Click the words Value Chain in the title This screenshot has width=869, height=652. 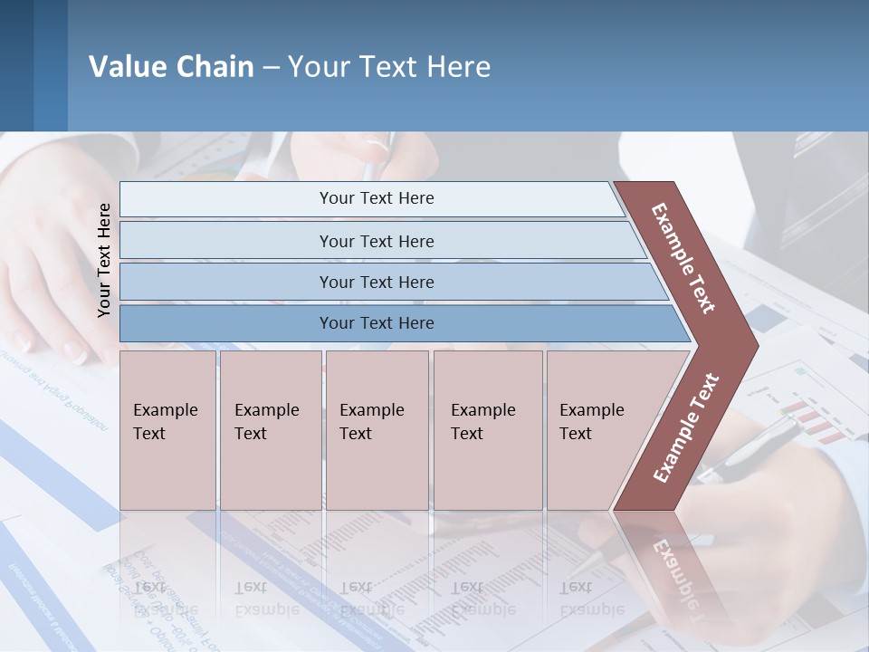coord(171,67)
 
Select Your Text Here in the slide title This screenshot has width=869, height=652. coord(389,67)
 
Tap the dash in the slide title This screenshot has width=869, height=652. coord(271,68)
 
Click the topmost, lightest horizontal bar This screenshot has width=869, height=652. coord(376,198)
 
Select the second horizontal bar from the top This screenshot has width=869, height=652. coord(376,241)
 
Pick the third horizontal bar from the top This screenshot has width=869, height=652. coord(376,282)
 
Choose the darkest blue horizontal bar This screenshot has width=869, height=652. coord(376,323)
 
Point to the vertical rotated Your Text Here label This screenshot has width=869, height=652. coord(104,260)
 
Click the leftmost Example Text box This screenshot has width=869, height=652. coord(167,430)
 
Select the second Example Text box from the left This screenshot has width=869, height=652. coord(270,430)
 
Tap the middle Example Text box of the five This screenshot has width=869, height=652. coord(377,430)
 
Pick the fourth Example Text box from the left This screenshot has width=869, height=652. coord(488,430)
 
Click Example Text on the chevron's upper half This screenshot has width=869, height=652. coord(683,258)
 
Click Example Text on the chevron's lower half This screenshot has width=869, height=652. coord(685,428)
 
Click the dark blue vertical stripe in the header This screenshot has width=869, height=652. coord(50,65)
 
